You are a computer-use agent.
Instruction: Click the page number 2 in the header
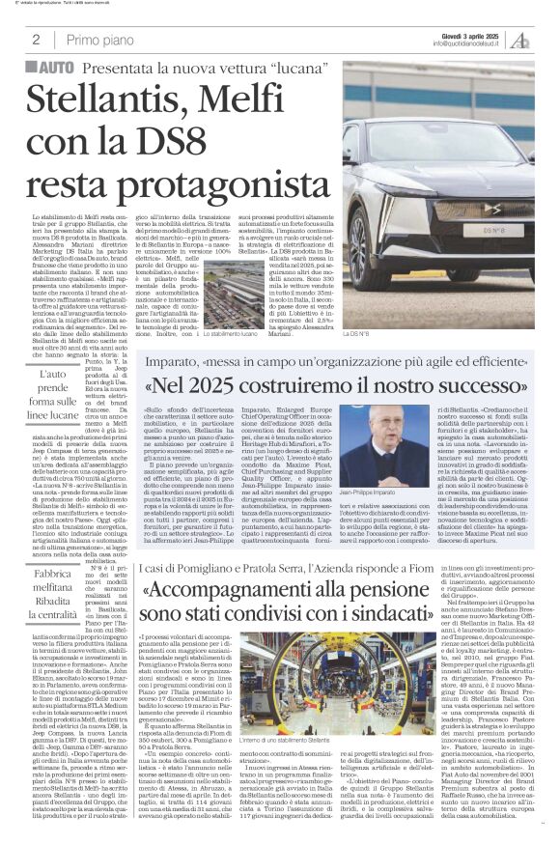[x=35, y=40]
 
